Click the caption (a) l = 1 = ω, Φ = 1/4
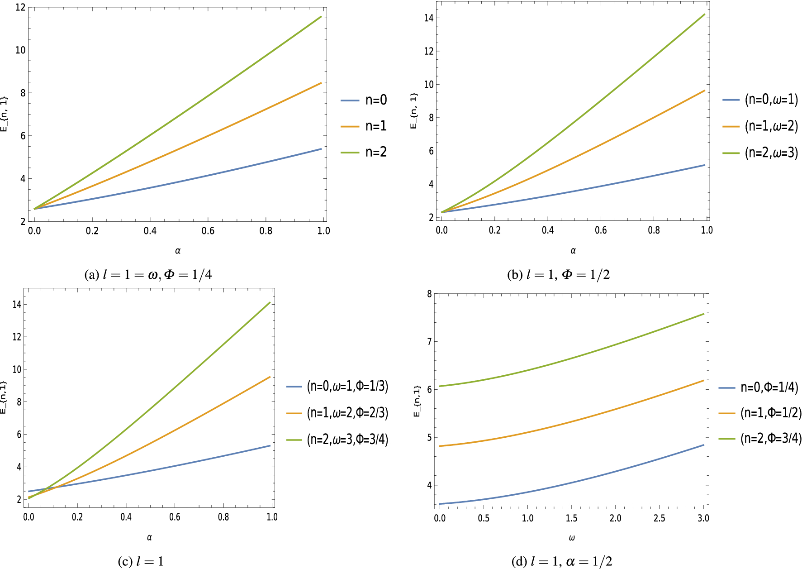[x=148, y=275]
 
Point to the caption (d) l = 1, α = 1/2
[x=562, y=562]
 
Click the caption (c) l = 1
[x=141, y=562]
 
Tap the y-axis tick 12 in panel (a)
[x=20, y=8]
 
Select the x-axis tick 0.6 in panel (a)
[x=208, y=231]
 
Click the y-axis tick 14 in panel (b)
[x=428, y=18]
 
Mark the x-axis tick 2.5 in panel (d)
[x=659, y=518]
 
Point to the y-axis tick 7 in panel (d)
[x=429, y=341]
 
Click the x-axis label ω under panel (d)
[x=572, y=538]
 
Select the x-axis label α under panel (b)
[x=573, y=250]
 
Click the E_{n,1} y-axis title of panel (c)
[x=4, y=397]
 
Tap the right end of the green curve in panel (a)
[x=321, y=17]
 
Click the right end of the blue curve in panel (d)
[x=704, y=445]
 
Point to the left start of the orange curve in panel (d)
[x=440, y=446]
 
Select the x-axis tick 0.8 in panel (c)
[x=223, y=517]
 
